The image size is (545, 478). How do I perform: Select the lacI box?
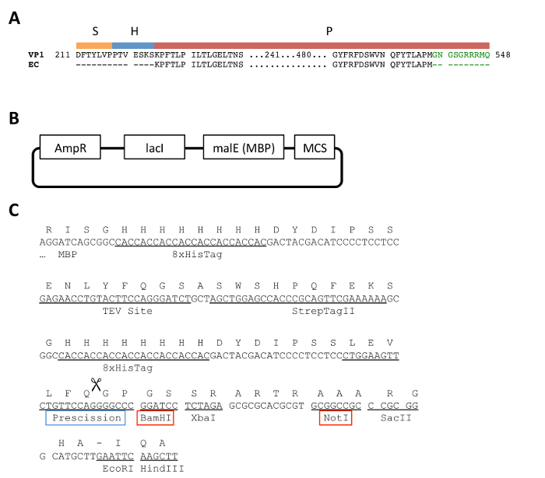(153, 145)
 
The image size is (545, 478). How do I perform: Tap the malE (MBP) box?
(243, 145)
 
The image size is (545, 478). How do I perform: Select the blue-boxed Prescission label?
(85, 418)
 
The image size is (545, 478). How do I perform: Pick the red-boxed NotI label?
(336, 418)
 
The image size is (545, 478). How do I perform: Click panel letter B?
(13, 119)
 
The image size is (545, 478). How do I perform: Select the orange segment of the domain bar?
(93, 46)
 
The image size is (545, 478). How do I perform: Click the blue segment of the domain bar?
(133, 46)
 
